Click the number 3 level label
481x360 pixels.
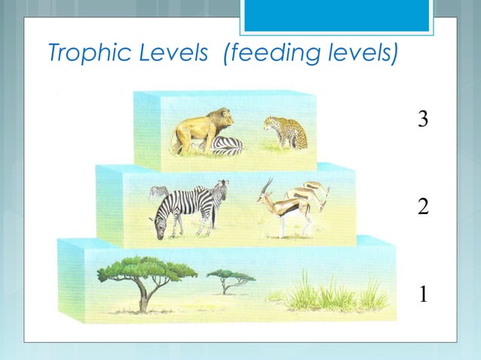tap(423, 118)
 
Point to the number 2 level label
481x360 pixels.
tap(423, 206)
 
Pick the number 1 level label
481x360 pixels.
tap(423, 293)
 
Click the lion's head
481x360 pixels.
tap(222, 117)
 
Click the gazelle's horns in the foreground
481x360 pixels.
tap(265, 185)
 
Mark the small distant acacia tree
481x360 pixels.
tap(229, 279)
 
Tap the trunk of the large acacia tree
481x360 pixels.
tap(142, 300)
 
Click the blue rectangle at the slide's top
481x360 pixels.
tap(338, 15)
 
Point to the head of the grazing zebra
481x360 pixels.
tap(159, 227)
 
